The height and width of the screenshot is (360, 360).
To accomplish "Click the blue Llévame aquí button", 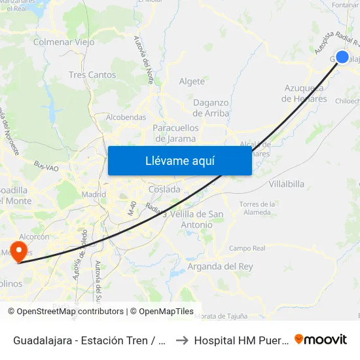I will [x=179, y=160].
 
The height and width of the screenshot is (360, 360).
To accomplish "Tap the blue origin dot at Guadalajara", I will [x=342, y=57].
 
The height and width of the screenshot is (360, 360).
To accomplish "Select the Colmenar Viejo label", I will [x=64, y=42].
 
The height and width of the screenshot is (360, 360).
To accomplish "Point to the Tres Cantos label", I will [x=92, y=75].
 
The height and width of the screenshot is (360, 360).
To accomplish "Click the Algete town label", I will [x=192, y=81].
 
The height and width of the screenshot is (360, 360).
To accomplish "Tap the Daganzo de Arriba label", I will [x=211, y=108].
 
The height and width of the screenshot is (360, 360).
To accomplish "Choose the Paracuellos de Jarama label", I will [x=174, y=133].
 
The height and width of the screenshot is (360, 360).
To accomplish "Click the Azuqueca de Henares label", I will [x=304, y=94].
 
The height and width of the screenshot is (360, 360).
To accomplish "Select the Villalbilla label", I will [x=287, y=184].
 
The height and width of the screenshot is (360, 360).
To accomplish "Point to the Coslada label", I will [x=164, y=189].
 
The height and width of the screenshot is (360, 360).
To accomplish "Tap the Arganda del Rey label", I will [x=220, y=266].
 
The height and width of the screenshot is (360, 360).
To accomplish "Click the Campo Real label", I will [x=247, y=249].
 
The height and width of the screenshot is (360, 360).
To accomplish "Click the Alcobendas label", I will [x=126, y=117].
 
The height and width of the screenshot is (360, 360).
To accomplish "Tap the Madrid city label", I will [x=94, y=194].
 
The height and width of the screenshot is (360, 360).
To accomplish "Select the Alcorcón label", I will [x=34, y=237].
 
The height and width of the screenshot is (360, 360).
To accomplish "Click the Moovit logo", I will [x=321, y=340].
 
